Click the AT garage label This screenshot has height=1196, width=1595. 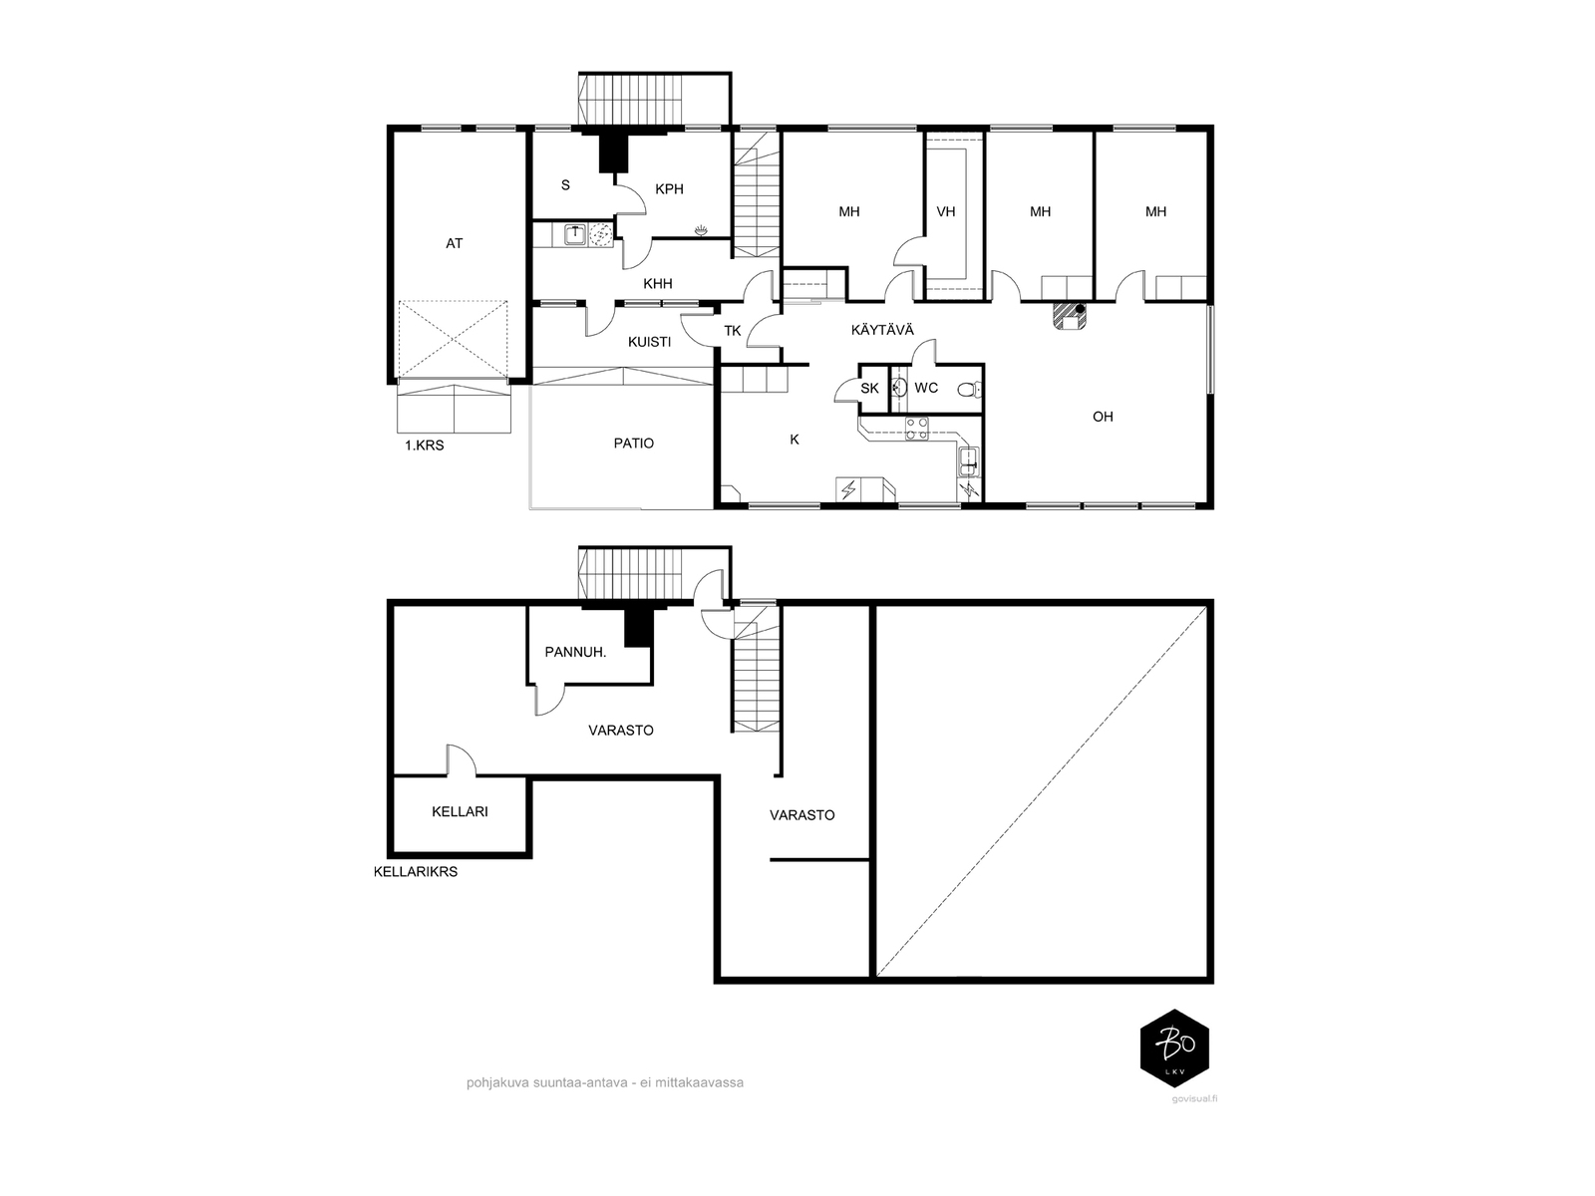point(455,243)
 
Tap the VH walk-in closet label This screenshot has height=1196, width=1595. point(945,211)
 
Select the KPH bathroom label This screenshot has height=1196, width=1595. point(669,188)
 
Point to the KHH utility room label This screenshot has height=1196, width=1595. point(658,283)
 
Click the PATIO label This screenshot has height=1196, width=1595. point(634,443)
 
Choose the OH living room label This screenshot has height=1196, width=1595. point(1104,416)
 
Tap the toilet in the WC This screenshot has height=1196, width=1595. point(968,390)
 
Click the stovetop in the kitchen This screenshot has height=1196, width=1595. point(916,429)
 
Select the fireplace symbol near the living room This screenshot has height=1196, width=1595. point(1069,317)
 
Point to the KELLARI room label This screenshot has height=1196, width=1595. point(460,811)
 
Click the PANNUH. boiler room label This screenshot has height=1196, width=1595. point(575,652)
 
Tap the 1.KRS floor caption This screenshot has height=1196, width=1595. point(424,446)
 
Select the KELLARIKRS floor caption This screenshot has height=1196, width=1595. point(416,871)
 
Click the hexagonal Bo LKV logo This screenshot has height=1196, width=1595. point(1174,1046)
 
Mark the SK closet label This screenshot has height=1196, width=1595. point(870,389)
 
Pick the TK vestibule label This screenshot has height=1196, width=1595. point(733,331)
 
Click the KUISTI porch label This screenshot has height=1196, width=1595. point(649,341)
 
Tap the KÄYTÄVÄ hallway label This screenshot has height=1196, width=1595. point(882,330)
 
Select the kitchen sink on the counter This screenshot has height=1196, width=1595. point(969,461)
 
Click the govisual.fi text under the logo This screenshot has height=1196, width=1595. point(1194,1098)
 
